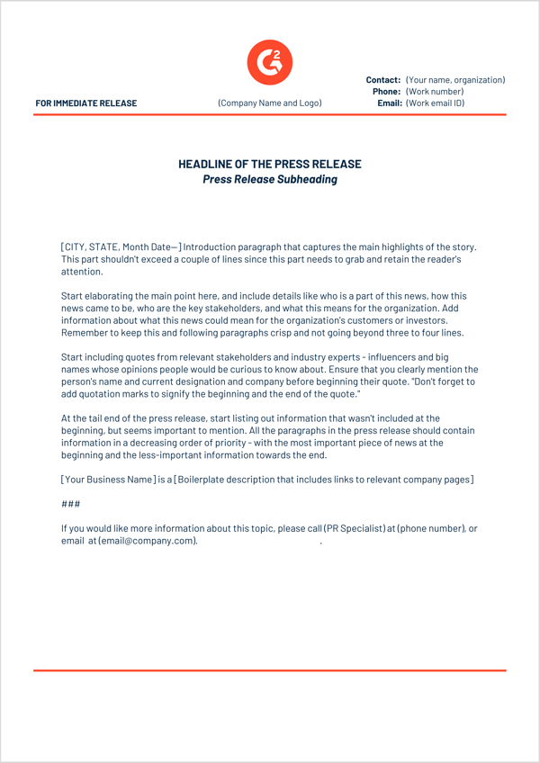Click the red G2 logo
(x=269, y=62)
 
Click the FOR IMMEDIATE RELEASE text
(x=86, y=103)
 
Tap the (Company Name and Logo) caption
(x=269, y=103)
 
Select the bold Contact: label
(x=383, y=80)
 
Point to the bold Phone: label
(x=386, y=92)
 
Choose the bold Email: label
(x=389, y=103)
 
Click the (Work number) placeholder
(x=435, y=92)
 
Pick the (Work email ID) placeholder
(x=436, y=103)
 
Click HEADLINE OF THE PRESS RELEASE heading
(x=269, y=165)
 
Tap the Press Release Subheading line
(x=269, y=179)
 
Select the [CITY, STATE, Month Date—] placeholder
(x=121, y=247)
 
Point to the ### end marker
(x=70, y=504)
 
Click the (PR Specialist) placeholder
(x=355, y=528)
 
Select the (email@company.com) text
(x=147, y=541)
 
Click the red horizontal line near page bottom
(x=269, y=670)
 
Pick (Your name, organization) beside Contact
(x=455, y=80)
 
